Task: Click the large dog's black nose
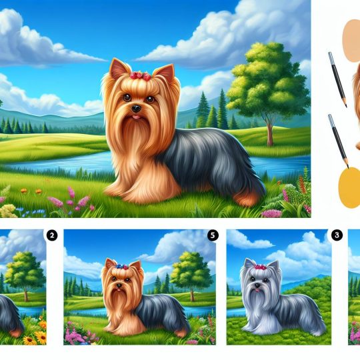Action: (136, 109)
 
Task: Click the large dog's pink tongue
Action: (137, 117)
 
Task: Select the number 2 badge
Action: (52, 235)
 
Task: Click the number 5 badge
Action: (213, 235)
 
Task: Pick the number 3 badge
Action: (337, 235)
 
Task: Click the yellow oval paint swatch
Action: (349, 187)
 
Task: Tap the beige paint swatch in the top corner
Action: (351, 41)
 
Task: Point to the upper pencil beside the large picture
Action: (337, 79)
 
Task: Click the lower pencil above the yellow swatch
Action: (338, 141)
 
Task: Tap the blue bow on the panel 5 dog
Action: (119, 267)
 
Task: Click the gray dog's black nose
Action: (257, 285)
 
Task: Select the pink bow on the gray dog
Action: (261, 267)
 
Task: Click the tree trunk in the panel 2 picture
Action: (26, 295)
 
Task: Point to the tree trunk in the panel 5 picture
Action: (193, 295)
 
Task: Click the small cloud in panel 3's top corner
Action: (249, 241)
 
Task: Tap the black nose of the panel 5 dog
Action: (119, 285)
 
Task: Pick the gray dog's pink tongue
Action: (258, 291)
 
